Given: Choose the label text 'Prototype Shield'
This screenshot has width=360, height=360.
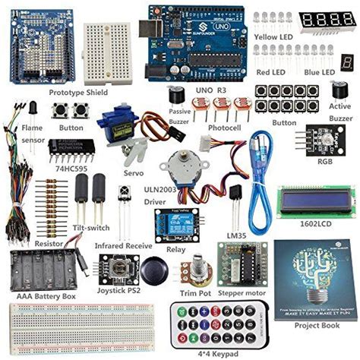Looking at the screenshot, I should tap(80, 92).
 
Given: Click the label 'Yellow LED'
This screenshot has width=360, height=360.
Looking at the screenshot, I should tap(275, 36).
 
